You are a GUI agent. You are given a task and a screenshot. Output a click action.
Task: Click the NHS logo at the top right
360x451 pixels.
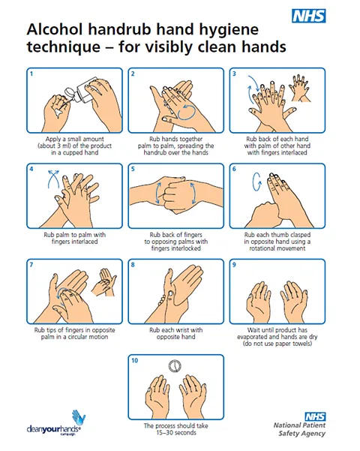(x=310, y=17)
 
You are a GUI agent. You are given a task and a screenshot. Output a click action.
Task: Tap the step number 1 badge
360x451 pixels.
(x=31, y=74)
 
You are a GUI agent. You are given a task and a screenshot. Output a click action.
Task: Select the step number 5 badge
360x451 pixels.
(x=133, y=170)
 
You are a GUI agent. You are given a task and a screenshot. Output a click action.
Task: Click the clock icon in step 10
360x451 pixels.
(x=175, y=366)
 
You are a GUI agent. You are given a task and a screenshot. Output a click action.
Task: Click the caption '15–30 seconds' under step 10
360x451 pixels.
(x=175, y=432)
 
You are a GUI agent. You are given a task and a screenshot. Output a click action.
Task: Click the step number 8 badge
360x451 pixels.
(x=133, y=265)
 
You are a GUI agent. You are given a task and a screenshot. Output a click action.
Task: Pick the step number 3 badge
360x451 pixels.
(x=234, y=74)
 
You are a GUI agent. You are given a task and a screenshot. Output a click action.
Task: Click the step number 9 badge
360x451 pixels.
(x=234, y=265)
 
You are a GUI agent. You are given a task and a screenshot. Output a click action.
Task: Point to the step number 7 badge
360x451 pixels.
(x=31, y=265)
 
